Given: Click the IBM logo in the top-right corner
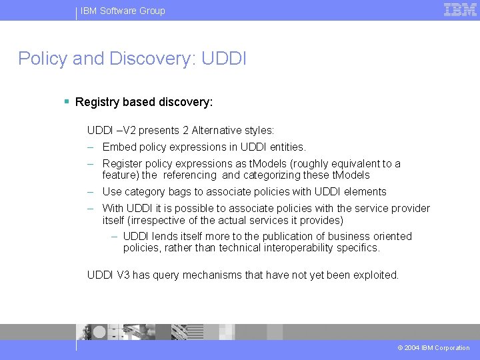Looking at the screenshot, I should pos(460,9).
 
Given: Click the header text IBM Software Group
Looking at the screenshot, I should pos(123,11).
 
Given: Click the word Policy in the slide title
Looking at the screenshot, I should pos(42,59).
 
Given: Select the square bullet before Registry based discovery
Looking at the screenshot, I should pos(67,102).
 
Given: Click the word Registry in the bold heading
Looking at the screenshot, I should pos(99,102).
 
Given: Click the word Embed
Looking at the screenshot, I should pos(119,147).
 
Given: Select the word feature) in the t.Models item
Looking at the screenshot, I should pos(120,175).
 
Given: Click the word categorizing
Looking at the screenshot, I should pos(273,175).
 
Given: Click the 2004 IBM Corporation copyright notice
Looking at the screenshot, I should pos(433,348).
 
